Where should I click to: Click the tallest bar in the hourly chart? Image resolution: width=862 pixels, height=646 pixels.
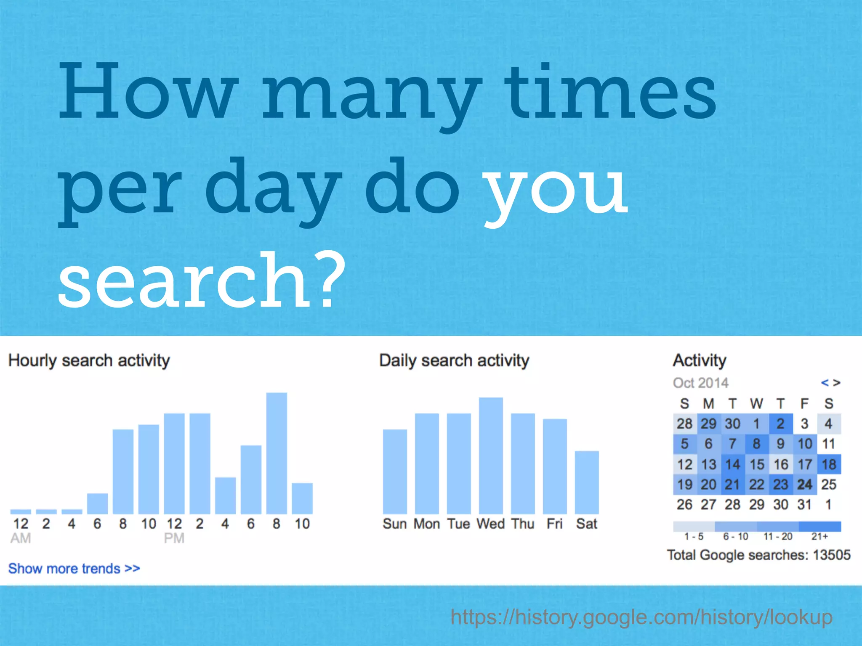(x=277, y=453)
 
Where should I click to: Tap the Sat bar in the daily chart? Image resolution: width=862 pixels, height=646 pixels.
(x=587, y=482)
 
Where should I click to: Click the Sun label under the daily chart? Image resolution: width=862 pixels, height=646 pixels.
(x=394, y=524)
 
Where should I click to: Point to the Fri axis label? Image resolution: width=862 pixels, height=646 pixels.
(x=554, y=524)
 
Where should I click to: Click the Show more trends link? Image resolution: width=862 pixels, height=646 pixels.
(x=74, y=569)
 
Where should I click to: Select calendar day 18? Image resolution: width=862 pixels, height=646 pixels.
(x=829, y=464)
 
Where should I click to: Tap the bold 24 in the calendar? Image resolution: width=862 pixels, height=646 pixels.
(x=805, y=484)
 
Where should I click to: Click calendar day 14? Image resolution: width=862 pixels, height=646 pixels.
(x=733, y=464)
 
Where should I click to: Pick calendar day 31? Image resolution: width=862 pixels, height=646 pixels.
(x=805, y=505)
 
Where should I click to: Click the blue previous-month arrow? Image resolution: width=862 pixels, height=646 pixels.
(x=825, y=383)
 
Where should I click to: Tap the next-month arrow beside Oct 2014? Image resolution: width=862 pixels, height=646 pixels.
(x=837, y=383)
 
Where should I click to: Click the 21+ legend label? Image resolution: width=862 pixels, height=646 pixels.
(x=819, y=537)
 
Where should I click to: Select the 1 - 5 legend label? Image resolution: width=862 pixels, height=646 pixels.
(x=694, y=537)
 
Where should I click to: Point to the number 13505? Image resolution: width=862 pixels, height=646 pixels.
(x=832, y=555)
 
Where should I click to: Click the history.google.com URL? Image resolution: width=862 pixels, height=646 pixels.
(x=641, y=617)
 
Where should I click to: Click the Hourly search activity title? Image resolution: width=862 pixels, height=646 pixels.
(x=89, y=361)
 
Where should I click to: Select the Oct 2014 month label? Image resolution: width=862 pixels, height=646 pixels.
(x=700, y=383)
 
